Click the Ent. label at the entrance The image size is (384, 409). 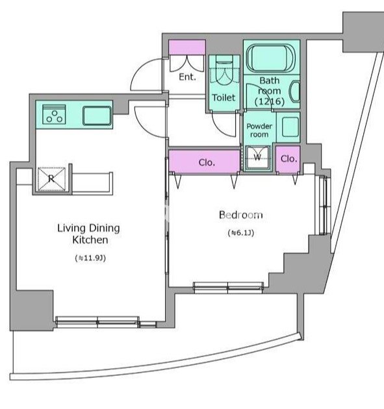point(187,77)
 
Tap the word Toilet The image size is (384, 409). point(224,97)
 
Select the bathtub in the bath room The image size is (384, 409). point(271,58)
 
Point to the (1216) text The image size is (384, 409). point(270,101)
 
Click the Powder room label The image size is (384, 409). point(259,130)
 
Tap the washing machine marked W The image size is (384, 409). point(257,158)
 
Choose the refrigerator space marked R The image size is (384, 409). point(51,179)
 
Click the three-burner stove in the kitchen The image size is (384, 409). point(55,114)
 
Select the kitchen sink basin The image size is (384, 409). point(97,116)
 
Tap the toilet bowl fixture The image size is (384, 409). point(224,72)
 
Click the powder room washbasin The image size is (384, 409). point(290,127)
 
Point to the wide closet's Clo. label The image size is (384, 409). point(207,162)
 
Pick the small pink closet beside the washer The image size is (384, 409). point(288,159)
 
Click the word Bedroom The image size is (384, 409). point(240,215)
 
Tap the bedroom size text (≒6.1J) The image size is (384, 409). point(240,232)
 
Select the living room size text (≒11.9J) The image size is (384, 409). point(90,258)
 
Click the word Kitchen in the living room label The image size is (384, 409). point(90,240)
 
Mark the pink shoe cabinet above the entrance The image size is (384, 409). point(187,47)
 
